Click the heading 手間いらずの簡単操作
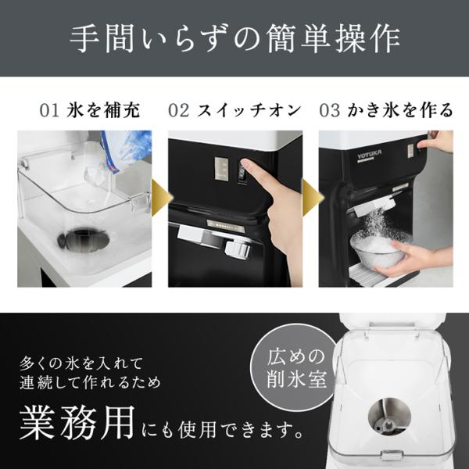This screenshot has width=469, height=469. [x=234, y=38]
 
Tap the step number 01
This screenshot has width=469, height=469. [x=49, y=110]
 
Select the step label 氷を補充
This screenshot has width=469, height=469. [x=103, y=109]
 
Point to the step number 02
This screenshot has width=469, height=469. [x=179, y=110]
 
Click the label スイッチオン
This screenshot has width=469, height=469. [x=249, y=110]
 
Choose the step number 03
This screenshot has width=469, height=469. [x=330, y=110]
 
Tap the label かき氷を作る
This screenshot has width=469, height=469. [x=400, y=109]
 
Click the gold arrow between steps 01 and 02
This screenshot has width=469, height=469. [x=162, y=198]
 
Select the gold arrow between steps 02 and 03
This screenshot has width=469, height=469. [x=313, y=198]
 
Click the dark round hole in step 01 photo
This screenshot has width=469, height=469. [x=83, y=239]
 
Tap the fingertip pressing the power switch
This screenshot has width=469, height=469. [x=245, y=164]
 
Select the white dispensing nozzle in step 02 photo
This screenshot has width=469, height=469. [x=238, y=249]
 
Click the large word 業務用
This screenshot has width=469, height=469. [x=77, y=422]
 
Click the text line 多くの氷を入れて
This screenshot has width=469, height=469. [x=81, y=363]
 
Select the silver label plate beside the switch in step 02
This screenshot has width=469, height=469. [x=221, y=169]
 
